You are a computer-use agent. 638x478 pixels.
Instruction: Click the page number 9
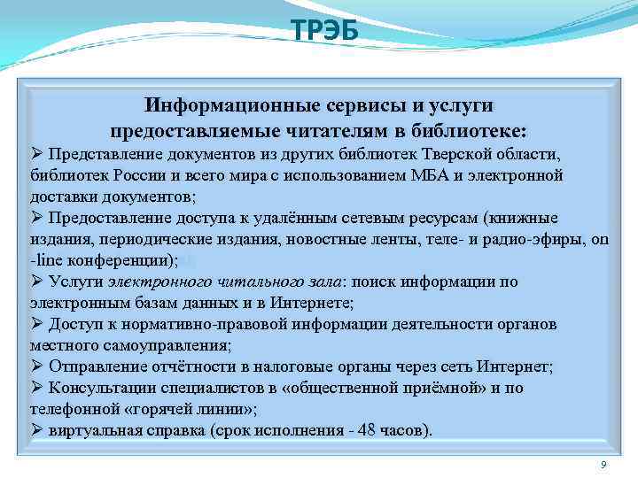603,465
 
